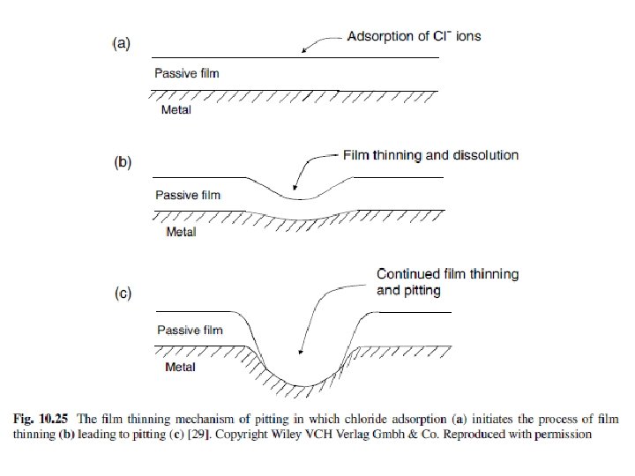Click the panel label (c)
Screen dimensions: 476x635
click(x=121, y=294)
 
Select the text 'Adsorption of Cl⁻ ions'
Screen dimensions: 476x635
click(x=413, y=37)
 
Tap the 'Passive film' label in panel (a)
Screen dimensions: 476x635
click(x=186, y=73)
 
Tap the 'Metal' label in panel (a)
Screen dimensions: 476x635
click(x=176, y=110)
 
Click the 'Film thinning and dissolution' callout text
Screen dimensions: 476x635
click(x=430, y=155)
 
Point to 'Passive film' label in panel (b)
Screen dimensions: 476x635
click(x=187, y=195)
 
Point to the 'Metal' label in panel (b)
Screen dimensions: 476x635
click(x=182, y=232)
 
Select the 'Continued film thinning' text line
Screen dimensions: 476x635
click(x=447, y=274)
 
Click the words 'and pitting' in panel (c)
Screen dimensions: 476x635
click(x=408, y=289)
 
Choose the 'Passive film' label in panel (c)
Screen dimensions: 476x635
click(x=189, y=331)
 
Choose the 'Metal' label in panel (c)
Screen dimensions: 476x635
click(x=181, y=367)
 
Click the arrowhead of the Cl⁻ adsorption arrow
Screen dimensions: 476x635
click(x=305, y=53)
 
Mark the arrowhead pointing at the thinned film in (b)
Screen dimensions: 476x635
click(x=295, y=190)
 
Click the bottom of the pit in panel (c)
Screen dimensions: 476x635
click(x=301, y=384)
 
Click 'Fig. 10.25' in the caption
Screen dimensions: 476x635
click(x=39, y=416)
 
